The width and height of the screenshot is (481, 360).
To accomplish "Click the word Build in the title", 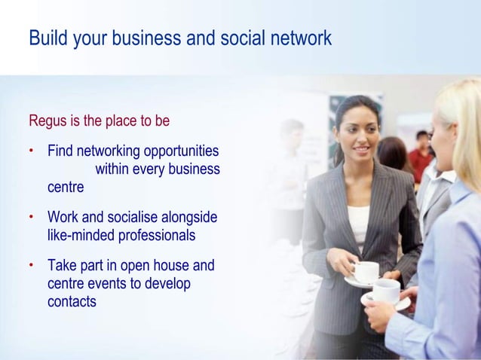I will point(48,38).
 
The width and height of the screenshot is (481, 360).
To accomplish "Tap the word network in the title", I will point(302,38).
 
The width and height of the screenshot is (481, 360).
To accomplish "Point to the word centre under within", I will point(66,187).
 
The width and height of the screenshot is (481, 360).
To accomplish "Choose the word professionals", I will point(156,236).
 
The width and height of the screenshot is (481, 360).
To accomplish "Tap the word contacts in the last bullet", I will point(72,302).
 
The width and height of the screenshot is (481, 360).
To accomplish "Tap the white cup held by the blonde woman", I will point(386,290).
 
